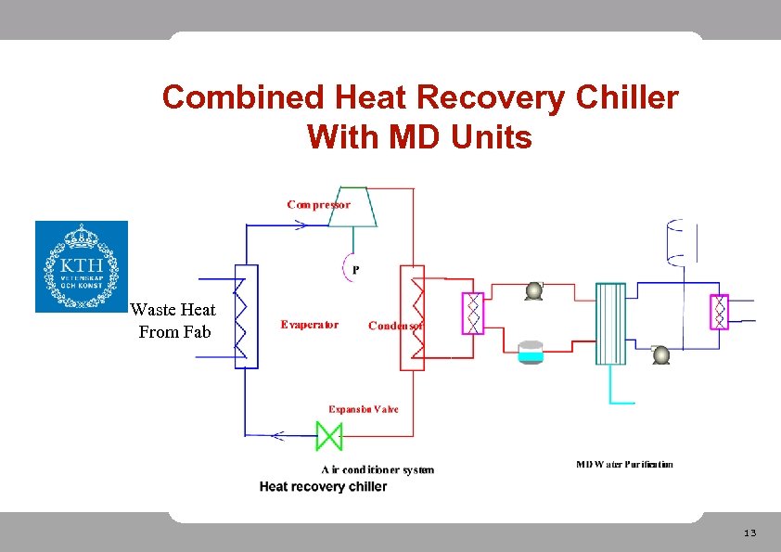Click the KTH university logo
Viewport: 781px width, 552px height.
pyautogui.click(x=82, y=266)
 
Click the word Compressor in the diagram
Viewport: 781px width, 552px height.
pyautogui.click(x=318, y=204)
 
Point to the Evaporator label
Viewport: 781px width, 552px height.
pyautogui.click(x=310, y=325)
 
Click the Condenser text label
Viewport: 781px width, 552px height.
pyautogui.click(x=396, y=326)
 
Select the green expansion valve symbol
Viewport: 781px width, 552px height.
pyautogui.click(x=329, y=434)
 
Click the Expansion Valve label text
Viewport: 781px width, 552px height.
pyautogui.click(x=363, y=409)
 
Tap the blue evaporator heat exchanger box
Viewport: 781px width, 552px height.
pyautogui.click(x=246, y=315)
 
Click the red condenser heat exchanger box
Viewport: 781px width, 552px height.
pyautogui.click(x=412, y=317)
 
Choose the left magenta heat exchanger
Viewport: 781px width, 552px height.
pyautogui.click(x=473, y=314)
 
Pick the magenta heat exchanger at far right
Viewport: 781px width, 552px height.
pyautogui.click(x=719, y=313)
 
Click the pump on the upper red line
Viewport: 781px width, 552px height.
pyautogui.click(x=533, y=290)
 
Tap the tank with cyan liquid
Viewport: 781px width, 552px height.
pyautogui.click(x=531, y=351)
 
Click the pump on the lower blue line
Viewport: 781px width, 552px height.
pyautogui.click(x=660, y=354)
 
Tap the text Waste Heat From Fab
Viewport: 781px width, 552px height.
pyautogui.click(x=173, y=321)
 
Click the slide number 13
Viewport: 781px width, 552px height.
pyautogui.click(x=749, y=533)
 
